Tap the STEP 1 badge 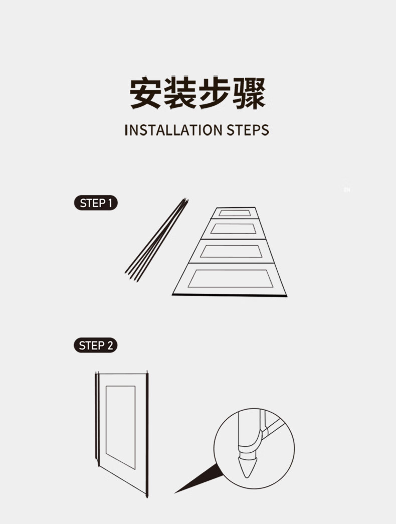[96, 203]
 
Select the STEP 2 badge [96, 345]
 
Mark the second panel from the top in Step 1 [233, 229]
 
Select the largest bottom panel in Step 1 [230, 279]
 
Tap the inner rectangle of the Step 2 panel [120, 426]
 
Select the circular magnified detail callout [254, 448]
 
